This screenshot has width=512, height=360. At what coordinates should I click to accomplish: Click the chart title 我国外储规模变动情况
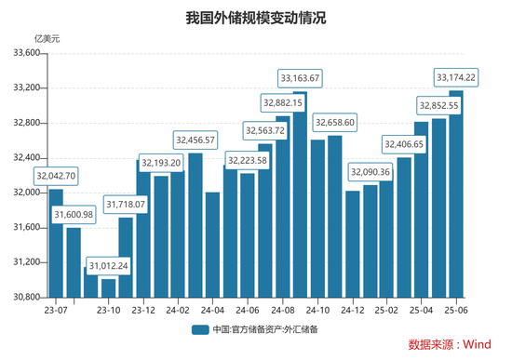pos(255,17)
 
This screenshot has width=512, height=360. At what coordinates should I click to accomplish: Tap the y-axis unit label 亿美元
pos(47,39)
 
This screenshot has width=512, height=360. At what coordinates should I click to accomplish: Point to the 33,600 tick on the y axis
pos(26,53)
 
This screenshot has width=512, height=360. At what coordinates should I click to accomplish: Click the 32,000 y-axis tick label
pos(26,193)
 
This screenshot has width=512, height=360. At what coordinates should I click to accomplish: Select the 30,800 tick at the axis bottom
pos(26,297)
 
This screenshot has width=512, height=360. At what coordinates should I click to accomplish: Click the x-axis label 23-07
pos(56,311)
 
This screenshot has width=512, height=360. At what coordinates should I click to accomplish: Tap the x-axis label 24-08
pos(283,311)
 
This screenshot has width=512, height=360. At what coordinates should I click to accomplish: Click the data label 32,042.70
pos(56,176)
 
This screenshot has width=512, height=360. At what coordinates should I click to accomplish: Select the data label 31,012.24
pos(108,265)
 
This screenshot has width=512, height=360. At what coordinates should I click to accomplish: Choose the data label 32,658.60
pos(335,122)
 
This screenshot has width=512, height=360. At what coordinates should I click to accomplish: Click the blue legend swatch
pos(198,329)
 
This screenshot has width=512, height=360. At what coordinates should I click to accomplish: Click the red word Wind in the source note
pos(477,345)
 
